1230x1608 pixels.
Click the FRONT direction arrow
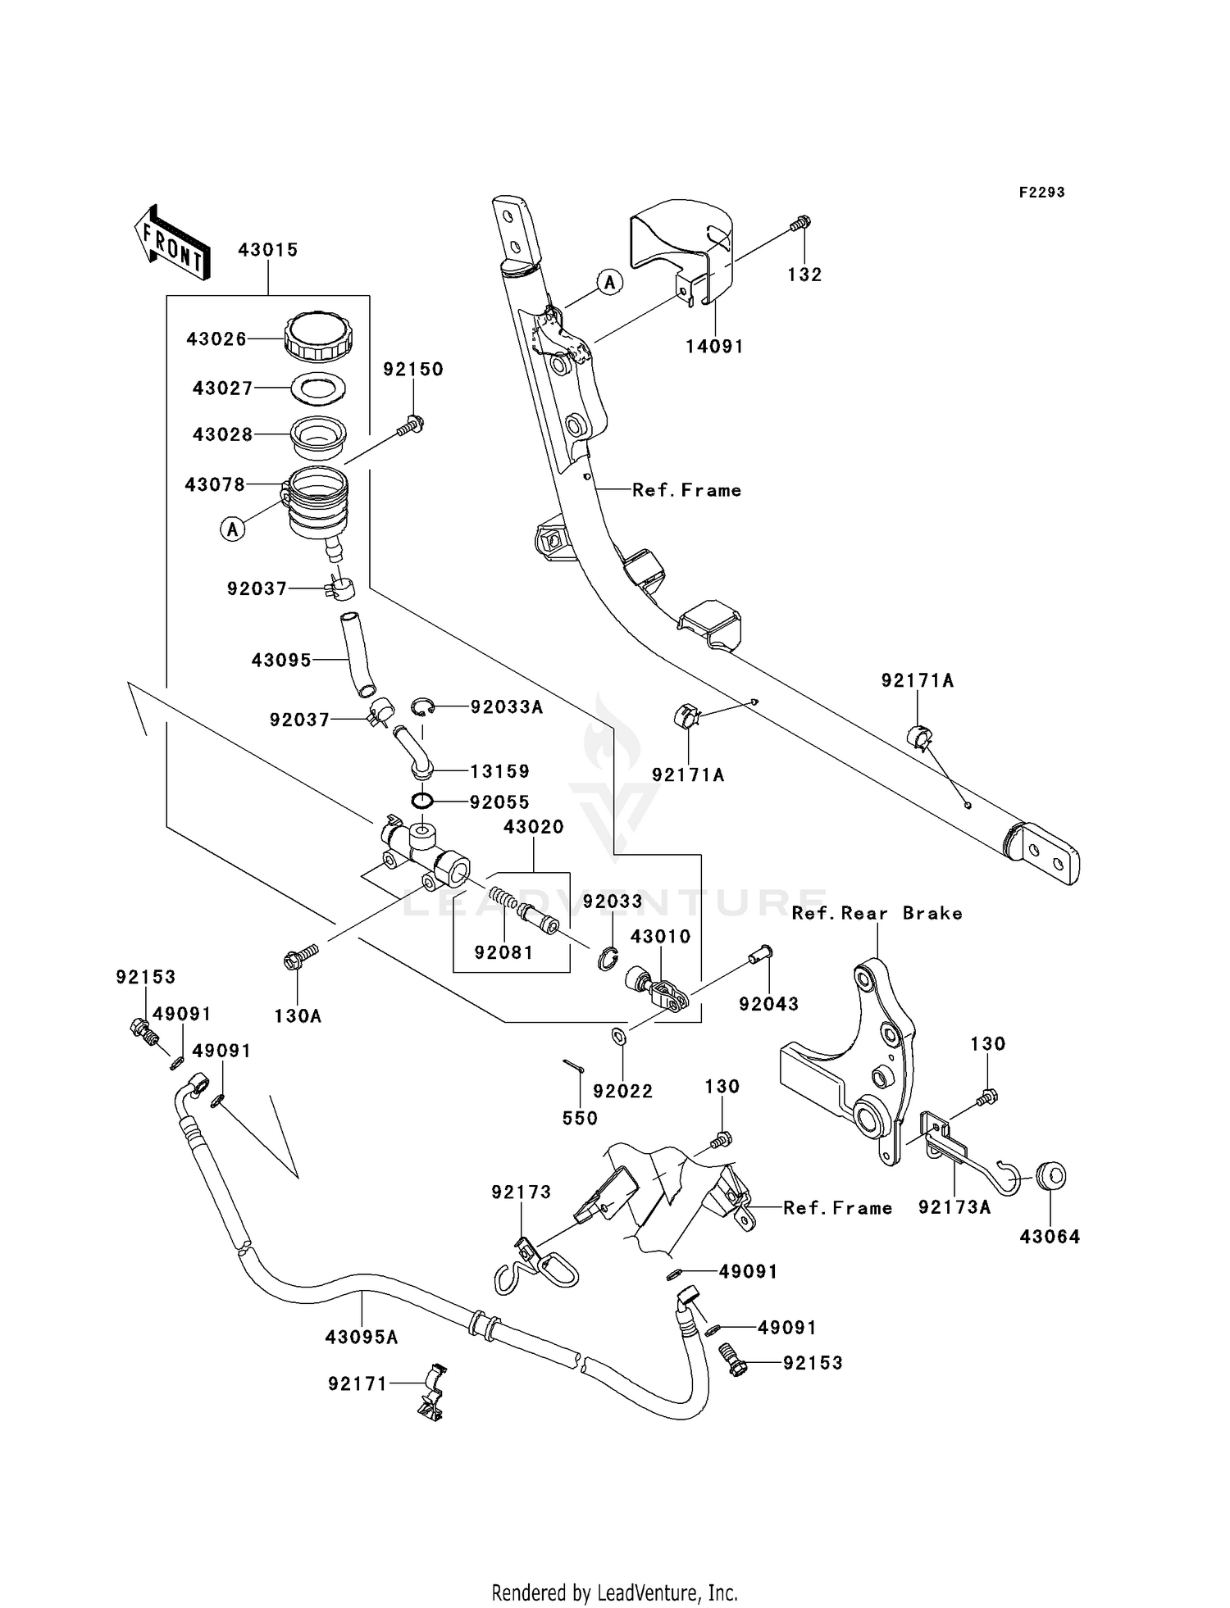171,242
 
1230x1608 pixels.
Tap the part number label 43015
267,250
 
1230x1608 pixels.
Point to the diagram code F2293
1041,193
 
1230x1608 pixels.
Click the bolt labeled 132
800,222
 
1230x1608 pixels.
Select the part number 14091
714,347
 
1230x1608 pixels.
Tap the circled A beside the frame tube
608,283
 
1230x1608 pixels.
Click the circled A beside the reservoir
233,529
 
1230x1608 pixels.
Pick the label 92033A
506,707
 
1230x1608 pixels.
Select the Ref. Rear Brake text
877,913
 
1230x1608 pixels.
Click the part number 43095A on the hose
362,1337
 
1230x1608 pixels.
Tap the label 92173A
954,1207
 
